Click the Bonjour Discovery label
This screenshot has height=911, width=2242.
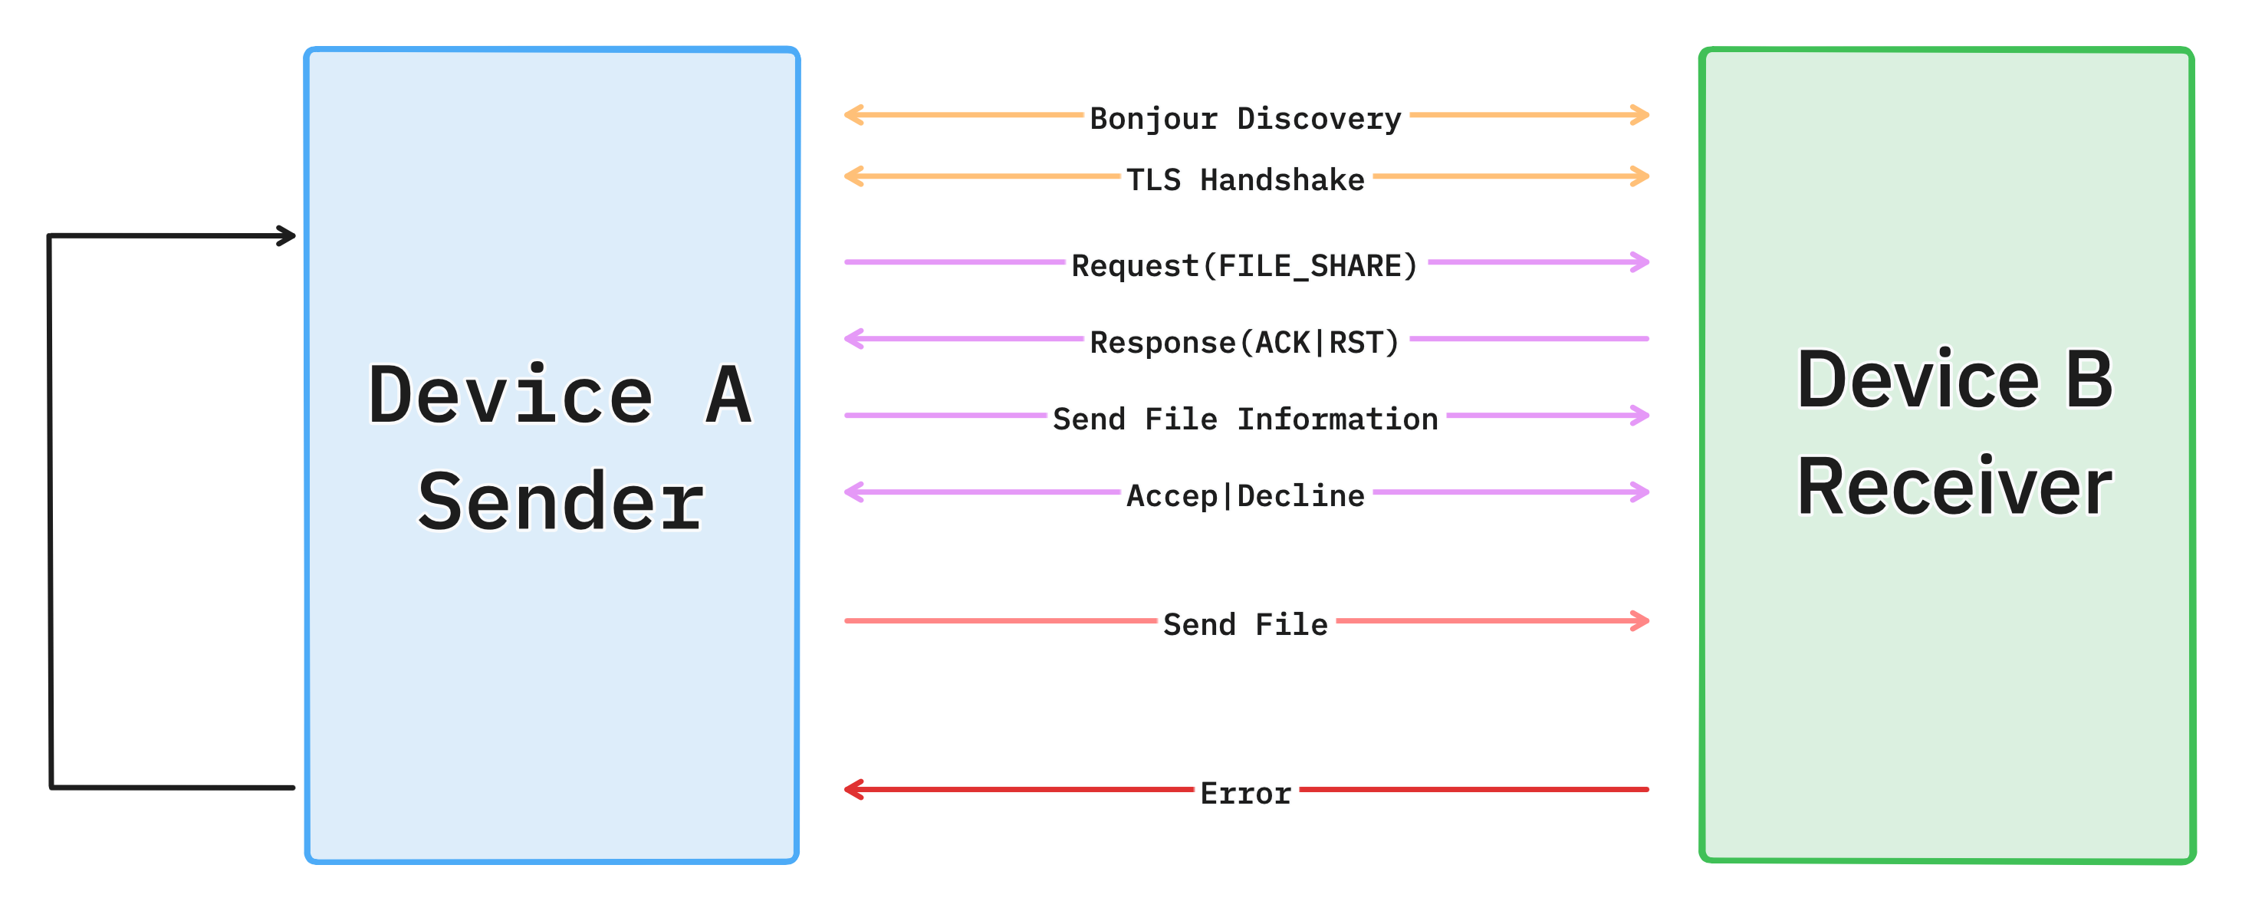click(1245, 117)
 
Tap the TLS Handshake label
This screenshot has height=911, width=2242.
click(1245, 179)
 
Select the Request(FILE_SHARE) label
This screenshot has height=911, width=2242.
click(1245, 265)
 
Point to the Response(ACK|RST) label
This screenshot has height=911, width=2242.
click(1245, 341)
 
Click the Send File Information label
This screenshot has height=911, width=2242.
click(1245, 419)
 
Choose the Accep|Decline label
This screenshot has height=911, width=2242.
click(1245, 495)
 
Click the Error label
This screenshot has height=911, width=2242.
click(1245, 792)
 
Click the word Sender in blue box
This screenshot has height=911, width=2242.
click(561, 502)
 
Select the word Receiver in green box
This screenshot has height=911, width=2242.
click(1954, 487)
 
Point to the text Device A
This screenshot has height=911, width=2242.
click(560, 395)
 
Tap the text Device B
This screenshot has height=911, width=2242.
click(1954, 380)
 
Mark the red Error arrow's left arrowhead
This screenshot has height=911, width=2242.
click(851, 789)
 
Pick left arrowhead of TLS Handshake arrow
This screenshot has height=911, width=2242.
click(851, 176)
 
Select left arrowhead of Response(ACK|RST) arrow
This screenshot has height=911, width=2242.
click(851, 338)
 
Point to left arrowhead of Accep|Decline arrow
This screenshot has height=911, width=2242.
click(851, 492)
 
